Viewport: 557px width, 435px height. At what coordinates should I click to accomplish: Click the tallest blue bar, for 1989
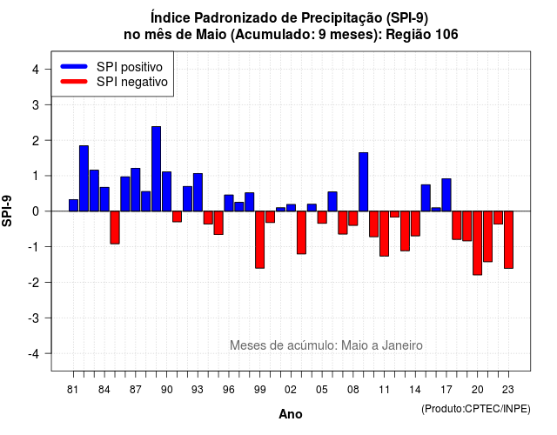(x=157, y=169)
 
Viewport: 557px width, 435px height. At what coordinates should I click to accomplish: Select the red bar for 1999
(x=259, y=240)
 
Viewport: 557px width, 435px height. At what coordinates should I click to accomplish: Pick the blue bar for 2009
(x=364, y=182)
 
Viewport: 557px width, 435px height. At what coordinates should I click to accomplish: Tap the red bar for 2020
(x=478, y=243)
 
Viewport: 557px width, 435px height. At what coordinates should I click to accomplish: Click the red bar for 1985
(x=115, y=228)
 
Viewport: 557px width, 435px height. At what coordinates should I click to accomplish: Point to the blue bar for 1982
(x=84, y=178)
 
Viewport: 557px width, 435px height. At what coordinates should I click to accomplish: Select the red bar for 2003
(x=301, y=232)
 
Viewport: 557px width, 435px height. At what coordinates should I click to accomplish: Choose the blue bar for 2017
(x=446, y=195)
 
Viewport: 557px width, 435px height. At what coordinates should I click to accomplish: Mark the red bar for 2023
(x=508, y=240)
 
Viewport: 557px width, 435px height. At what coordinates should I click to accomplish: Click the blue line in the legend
(x=74, y=66)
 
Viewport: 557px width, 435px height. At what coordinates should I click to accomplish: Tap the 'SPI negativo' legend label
(x=132, y=82)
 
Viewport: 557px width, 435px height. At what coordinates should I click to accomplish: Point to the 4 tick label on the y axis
(x=36, y=70)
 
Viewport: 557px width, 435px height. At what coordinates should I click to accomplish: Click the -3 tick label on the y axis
(x=34, y=318)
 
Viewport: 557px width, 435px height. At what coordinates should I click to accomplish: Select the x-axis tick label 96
(x=228, y=390)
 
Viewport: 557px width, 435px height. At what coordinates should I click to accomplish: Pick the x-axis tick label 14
(x=415, y=390)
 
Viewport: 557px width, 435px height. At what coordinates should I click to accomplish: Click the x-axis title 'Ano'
(x=291, y=414)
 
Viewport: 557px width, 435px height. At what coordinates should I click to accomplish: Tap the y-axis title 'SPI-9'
(x=7, y=211)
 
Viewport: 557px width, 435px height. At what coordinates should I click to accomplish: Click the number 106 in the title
(x=446, y=35)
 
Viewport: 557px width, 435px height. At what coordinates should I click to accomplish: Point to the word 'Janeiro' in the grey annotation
(x=402, y=345)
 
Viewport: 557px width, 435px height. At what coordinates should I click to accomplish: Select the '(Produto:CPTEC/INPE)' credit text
(x=476, y=409)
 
